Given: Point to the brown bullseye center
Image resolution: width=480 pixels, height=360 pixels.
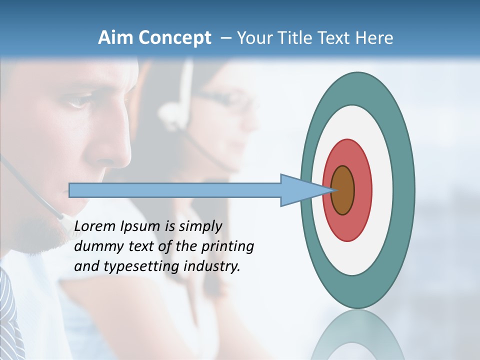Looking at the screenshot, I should pyautogui.click(x=343, y=190).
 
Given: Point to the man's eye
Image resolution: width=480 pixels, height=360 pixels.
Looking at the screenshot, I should pyautogui.click(x=79, y=102).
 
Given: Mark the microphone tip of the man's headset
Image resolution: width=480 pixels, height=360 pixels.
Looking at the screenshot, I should pyautogui.click(x=62, y=216).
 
